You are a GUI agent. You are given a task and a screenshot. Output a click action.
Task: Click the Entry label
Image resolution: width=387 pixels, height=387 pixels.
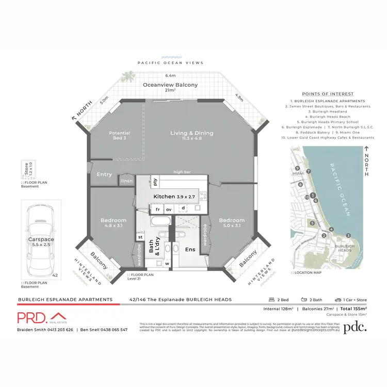104,174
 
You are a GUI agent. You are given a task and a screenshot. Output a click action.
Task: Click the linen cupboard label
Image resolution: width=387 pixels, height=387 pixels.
127,181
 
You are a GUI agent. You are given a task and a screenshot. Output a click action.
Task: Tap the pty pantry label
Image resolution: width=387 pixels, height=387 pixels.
155,182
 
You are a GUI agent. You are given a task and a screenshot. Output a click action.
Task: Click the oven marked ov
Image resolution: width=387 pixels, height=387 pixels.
169,209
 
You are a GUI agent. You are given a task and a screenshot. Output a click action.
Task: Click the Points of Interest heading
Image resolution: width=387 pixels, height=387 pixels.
327,94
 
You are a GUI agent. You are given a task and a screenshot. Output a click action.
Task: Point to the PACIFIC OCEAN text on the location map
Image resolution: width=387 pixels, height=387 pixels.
340,185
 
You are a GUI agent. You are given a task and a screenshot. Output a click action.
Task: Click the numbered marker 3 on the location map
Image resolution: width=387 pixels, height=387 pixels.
348,235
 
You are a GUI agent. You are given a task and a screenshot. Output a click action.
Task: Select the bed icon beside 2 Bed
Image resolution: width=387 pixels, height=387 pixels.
271,299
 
